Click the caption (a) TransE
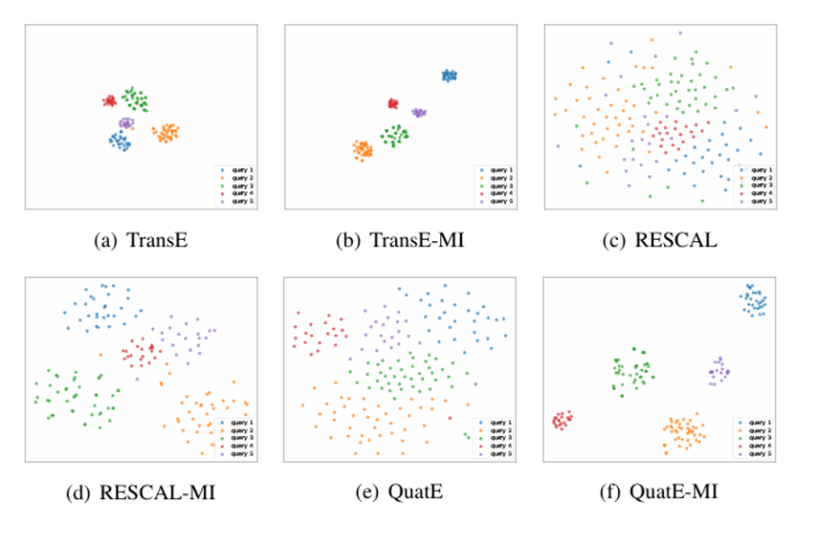(x=141, y=241)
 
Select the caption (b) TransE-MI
(x=399, y=241)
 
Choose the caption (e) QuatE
(x=399, y=493)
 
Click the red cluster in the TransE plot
(x=109, y=101)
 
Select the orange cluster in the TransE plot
(x=166, y=134)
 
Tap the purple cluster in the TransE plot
(x=125, y=123)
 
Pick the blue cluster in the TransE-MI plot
(x=449, y=76)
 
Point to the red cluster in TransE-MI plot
(x=393, y=105)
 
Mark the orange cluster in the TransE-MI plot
(x=363, y=150)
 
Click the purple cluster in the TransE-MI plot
(x=419, y=113)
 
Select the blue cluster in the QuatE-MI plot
(x=753, y=301)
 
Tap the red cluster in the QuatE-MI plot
(x=563, y=420)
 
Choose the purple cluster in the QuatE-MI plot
(x=719, y=371)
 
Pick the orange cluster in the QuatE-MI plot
(x=686, y=432)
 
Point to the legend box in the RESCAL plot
(x=754, y=185)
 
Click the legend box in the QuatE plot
(x=493, y=438)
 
